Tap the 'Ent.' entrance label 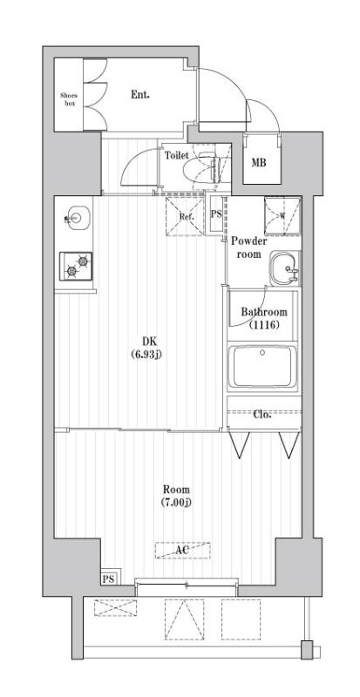[x=140, y=93]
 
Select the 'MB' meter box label [x=259, y=163]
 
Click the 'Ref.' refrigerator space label [x=186, y=216]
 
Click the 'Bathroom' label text [x=263, y=312]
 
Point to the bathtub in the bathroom [x=262, y=369]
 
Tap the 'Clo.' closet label [x=262, y=414]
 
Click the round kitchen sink [x=76, y=217]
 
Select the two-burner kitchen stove [x=75, y=265]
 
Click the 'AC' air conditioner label [x=183, y=551]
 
